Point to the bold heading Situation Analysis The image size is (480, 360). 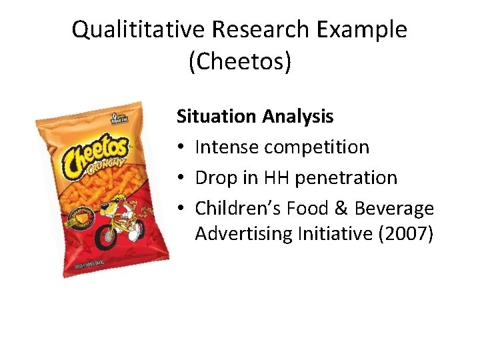click(255, 117)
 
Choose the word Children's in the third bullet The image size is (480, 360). click(237, 209)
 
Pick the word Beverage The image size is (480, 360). click(394, 209)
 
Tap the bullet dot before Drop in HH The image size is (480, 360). click(181, 179)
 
